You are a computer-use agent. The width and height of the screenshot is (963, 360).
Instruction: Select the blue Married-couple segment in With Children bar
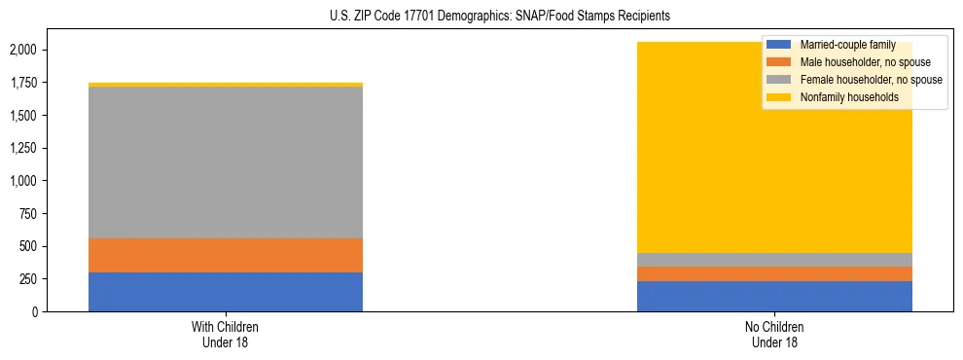pos(226,292)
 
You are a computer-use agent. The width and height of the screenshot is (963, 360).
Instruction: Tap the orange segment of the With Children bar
pos(226,255)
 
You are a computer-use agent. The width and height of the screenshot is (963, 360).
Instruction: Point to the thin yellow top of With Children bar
pos(226,85)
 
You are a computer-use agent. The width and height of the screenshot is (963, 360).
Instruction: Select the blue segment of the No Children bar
pos(774,296)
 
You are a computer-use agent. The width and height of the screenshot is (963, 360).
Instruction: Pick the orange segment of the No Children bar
pos(774,273)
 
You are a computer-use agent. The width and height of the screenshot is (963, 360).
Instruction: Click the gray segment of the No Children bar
pos(774,260)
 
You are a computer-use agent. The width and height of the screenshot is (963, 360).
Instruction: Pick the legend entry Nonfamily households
pos(842,97)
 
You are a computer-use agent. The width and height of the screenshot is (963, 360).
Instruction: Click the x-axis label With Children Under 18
pos(226,334)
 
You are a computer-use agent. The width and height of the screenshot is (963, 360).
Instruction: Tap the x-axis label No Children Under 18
pos(774,334)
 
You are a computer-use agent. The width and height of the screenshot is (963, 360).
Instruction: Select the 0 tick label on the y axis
pos(35,312)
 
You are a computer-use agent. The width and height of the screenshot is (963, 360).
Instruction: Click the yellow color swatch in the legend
pos(779,97)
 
